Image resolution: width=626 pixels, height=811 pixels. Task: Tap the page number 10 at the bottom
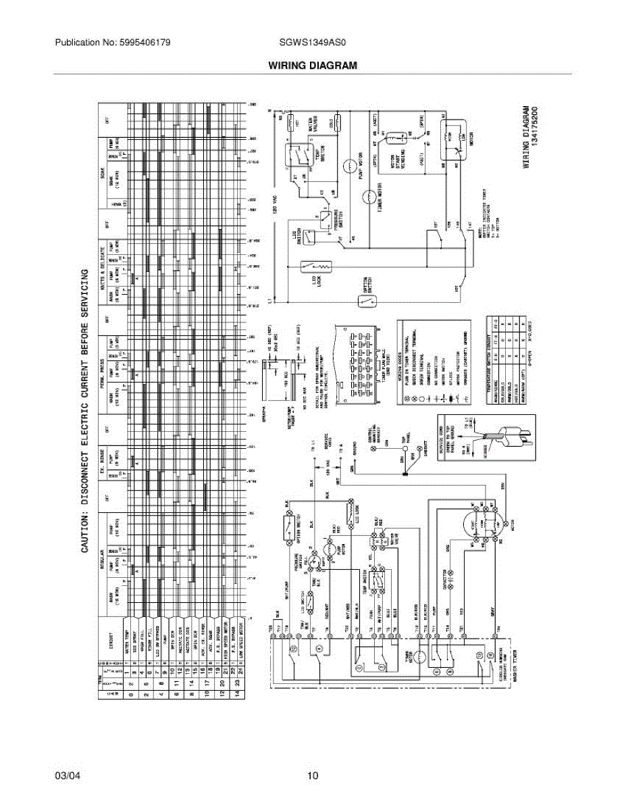[x=313, y=776]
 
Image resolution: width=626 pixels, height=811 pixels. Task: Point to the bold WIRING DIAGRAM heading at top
[x=312, y=66]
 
